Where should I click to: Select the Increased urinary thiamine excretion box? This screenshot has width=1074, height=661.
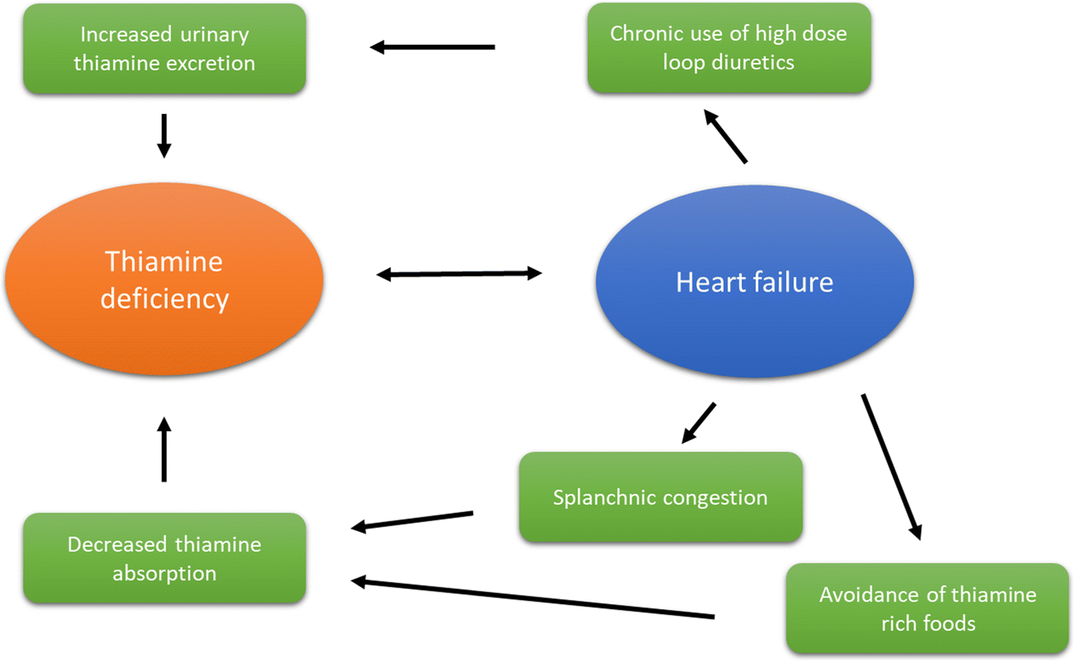click(164, 49)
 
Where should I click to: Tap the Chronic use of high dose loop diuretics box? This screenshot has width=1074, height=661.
click(728, 48)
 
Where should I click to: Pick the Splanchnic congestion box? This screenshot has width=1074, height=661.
click(660, 497)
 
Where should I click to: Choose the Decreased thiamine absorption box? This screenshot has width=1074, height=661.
click(164, 559)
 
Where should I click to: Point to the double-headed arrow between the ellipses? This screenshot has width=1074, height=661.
click(459, 273)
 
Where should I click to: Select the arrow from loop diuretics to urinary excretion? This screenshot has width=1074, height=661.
click(432, 47)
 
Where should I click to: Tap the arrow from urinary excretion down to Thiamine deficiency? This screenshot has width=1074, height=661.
click(164, 135)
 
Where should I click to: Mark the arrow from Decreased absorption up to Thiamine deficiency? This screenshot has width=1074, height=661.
click(164, 449)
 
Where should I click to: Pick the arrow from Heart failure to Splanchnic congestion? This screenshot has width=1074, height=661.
click(698, 423)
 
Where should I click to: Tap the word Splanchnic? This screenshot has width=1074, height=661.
click(608, 498)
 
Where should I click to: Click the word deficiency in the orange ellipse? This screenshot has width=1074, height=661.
click(164, 298)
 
